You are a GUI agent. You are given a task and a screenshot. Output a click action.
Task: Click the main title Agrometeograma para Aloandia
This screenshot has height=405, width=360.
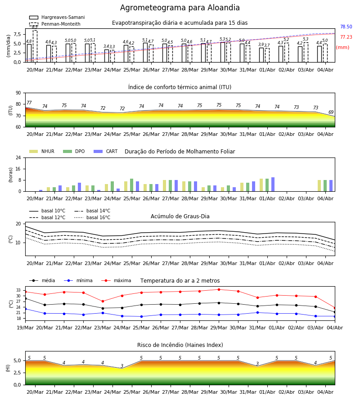(x=180, y=8)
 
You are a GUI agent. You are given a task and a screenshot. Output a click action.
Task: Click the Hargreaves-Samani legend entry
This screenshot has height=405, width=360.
(x=57, y=17)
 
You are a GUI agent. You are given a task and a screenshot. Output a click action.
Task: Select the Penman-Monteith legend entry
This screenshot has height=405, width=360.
(x=55, y=24)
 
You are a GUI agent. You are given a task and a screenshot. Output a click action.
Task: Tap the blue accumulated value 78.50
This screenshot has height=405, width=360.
(x=346, y=27)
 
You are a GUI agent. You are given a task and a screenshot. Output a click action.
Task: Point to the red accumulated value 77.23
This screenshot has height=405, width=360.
(x=346, y=37)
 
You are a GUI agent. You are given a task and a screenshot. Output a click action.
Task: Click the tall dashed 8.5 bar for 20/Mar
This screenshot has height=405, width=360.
(x=35, y=46)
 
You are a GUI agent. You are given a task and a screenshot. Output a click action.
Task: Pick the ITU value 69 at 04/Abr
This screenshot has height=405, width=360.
(x=331, y=112)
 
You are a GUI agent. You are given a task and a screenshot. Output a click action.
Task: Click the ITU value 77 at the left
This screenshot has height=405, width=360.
(x=29, y=103)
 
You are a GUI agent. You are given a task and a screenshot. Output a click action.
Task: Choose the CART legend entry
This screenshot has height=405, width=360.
(x=106, y=151)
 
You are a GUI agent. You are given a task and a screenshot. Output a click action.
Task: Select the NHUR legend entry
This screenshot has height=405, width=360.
(x=42, y=151)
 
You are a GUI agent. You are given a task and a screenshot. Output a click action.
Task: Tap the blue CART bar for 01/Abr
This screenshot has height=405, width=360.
(x=273, y=184)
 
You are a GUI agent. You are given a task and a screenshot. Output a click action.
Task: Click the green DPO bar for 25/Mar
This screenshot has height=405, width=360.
(x=132, y=185)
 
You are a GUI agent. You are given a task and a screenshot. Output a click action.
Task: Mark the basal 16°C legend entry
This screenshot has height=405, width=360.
(x=92, y=217)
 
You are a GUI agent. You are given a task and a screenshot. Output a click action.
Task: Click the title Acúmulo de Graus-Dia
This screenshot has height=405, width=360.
(x=180, y=216)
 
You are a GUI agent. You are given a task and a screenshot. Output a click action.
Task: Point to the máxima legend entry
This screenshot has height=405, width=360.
(x=116, y=280)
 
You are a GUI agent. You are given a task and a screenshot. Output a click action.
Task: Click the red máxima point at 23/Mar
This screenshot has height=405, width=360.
(x=103, y=301)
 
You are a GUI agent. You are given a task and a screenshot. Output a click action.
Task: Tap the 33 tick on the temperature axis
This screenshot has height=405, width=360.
(x=18, y=290)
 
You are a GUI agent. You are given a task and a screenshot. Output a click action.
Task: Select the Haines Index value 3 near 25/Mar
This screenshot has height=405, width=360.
(x=122, y=366)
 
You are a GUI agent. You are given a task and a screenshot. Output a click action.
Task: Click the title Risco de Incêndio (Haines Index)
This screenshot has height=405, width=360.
(x=180, y=345)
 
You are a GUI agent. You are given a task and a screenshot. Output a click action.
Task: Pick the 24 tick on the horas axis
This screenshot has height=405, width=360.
(x=18, y=157)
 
